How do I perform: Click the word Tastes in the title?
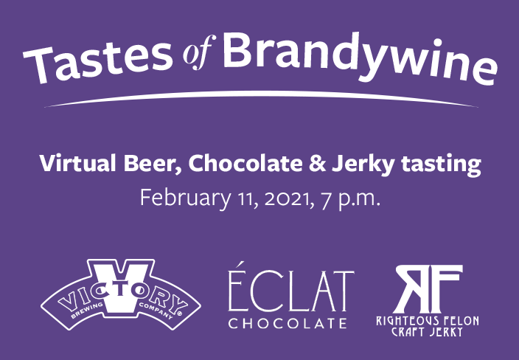tap(98, 63)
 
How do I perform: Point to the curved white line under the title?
tap(261, 94)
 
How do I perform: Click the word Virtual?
tap(77, 163)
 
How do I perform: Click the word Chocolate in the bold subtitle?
tap(245, 163)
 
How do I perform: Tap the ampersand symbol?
tap(318, 163)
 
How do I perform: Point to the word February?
tap(185, 198)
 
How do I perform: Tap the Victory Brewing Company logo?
tap(121, 294)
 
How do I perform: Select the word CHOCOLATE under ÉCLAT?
tap(288, 323)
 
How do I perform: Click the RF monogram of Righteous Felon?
tap(428, 288)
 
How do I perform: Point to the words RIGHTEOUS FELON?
tap(428, 321)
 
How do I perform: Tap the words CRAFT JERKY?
tap(427, 331)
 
